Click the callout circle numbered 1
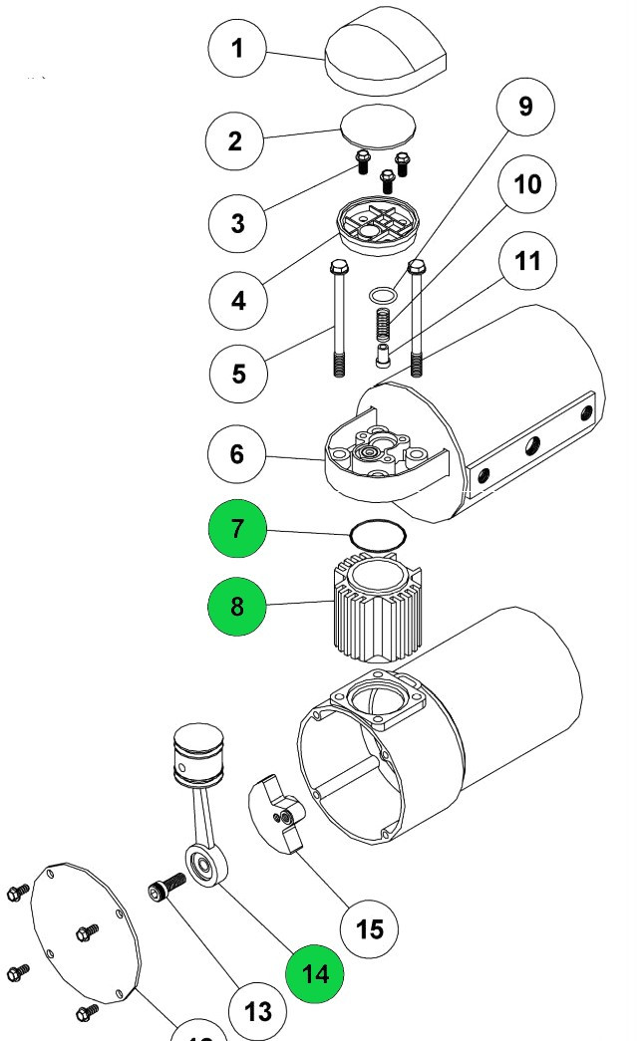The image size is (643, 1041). (x=236, y=48)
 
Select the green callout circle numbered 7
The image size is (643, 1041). (x=236, y=528)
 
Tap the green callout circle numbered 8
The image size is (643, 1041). (x=236, y=605)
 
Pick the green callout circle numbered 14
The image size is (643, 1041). (x=314, y=973)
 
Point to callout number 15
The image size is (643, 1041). (x=369, y=928)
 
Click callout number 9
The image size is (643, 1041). (x=525, y=107)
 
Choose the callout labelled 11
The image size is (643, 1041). (x=527, y=260)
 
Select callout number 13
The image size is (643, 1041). (x=257, y=1011)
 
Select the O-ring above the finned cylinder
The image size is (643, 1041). (x=378, y=535)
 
